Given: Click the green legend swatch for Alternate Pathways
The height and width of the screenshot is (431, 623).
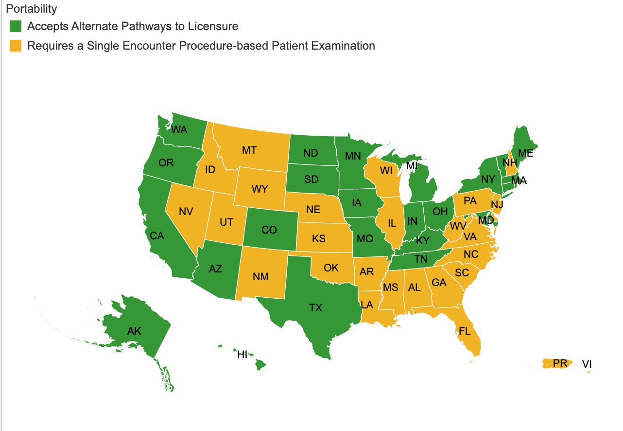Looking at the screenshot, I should point(16,26).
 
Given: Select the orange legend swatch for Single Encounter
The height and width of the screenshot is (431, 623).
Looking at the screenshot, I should point(16,46).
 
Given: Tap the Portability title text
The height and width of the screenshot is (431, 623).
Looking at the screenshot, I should point(32,9).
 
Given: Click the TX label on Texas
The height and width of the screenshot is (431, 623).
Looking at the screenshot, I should point(316,307).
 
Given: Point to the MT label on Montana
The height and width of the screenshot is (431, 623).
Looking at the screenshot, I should point(249,150).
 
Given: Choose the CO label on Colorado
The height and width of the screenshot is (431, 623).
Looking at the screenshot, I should point(269,230).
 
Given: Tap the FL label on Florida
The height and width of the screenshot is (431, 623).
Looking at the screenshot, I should point(465,332).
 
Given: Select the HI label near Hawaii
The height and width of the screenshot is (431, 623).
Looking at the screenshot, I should point(242,355).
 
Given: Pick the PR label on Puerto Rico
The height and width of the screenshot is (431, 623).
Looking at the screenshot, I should point(560,363).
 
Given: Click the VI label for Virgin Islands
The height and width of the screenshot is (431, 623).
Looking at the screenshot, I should point(587,364).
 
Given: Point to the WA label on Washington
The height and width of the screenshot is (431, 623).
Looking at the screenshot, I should point(179,130).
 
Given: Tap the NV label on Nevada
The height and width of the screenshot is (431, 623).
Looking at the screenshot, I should point(186,212).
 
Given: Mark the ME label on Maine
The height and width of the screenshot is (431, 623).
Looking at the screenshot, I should point(525,153).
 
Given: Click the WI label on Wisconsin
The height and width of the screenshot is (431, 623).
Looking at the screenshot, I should point(386,171).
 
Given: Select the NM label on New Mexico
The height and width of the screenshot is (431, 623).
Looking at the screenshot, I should point(261,277).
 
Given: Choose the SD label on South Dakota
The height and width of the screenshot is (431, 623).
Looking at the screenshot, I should point(311,180).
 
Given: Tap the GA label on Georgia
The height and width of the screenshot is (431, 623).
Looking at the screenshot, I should point(439,283).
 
